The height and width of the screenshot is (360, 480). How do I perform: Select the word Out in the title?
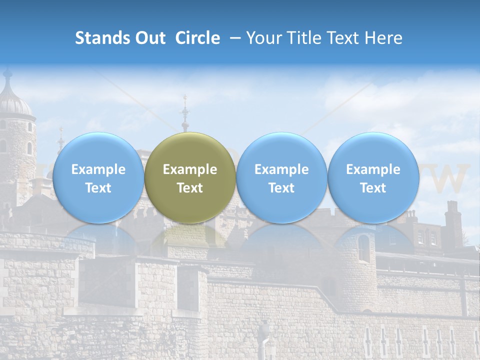pyautogui.click(x=146, y=38)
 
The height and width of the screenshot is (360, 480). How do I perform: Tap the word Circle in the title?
pyautogui.click(x=197, y=38)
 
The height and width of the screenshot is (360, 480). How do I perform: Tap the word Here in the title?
pyautogui.click(x=384, y=38)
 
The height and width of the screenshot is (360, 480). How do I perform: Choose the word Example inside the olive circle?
pyautogui.click(x=190, y=169)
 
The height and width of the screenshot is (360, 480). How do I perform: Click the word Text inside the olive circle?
pyautogui.click(x=190, y=188)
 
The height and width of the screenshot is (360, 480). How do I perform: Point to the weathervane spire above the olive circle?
pyautogui.click(x=185, y=112)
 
